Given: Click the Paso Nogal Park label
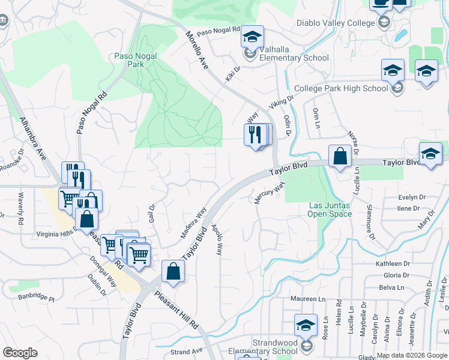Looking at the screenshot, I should [135, 61].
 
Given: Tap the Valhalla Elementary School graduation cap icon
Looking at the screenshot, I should [253, 37].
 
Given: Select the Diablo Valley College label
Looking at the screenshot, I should [335, 23].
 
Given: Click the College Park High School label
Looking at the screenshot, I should [350, 88].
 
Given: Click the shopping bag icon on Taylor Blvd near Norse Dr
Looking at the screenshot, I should [340, 157].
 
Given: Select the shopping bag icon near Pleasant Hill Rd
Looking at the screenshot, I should [173, 271].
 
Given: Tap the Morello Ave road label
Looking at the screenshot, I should [196, 50].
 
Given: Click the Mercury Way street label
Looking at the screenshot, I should [268, 193].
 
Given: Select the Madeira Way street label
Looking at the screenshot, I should [193, 222].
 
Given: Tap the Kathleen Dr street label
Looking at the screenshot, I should [393, 263].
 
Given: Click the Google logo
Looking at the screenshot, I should [20, 353].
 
